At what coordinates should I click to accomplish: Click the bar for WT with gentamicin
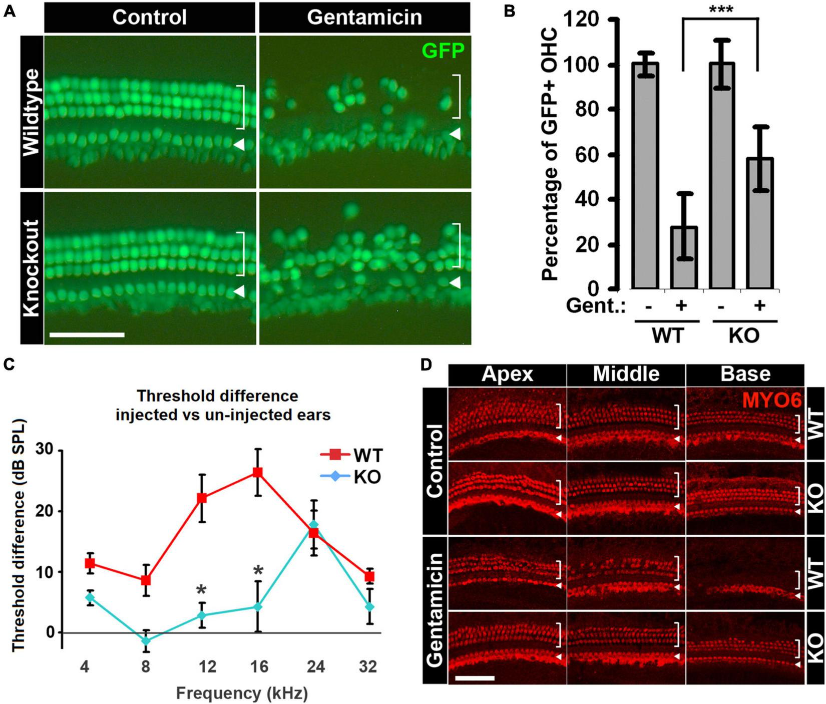(681, 257)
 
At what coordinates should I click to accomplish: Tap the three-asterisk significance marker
(720, 10)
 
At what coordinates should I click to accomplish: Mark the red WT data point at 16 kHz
(257, 472)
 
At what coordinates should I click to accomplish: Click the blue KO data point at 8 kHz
(146, 640)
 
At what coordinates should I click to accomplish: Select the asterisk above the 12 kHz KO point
(202, 589)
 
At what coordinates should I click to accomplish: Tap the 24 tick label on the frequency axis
(316, 667)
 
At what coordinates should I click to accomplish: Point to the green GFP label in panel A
(443, 51)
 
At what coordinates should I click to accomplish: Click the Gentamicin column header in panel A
(364, 17)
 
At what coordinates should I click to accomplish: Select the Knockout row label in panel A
(32, 267)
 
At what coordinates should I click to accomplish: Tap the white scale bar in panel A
(87, 334)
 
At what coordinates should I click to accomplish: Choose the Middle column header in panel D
(626, 374)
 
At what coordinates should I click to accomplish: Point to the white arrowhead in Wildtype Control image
(239, 145)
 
